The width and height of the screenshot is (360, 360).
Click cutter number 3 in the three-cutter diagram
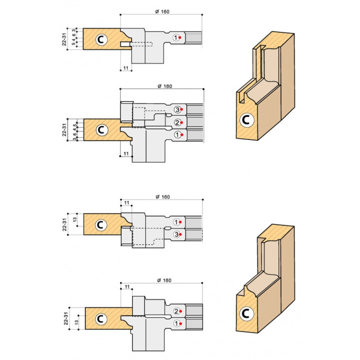click(x=176, y=109)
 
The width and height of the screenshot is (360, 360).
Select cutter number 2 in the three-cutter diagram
click(x=176, y=122)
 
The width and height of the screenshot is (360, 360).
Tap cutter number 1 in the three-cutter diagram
click(x=176, y=134)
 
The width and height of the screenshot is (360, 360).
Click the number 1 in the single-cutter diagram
click(x=176, y=37)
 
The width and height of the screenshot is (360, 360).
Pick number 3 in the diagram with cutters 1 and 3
click(x=176, y=234)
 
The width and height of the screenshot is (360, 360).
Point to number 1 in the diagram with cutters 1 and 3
click(x=176, y=221)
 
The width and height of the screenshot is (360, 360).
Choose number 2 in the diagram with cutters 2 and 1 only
click(x=176, y=311)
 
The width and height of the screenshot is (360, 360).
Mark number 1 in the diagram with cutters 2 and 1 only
click(x=176, y=324)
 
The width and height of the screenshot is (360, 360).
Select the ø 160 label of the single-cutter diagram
click(x=161, y=12)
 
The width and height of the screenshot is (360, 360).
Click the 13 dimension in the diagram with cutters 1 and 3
click(x=74, y=220)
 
